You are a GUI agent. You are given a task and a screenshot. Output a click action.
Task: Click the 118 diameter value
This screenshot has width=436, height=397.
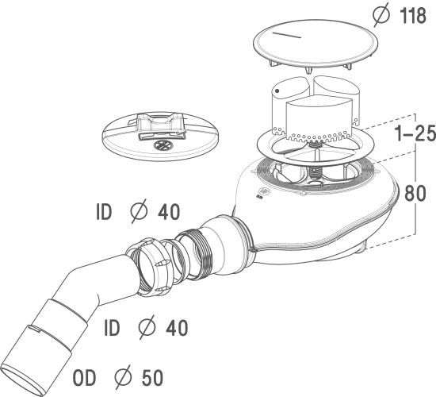click(x=413, y=16)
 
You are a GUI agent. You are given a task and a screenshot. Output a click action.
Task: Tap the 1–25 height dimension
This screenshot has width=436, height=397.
click(x=415, y=133)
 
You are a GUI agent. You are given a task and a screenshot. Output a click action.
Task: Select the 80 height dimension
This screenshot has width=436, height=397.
click(x=415, y=193)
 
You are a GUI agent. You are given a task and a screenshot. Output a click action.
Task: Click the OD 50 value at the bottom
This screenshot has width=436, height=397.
click(x=152, y=378)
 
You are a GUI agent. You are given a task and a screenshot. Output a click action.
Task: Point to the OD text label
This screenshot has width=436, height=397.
click(x=84, y=378)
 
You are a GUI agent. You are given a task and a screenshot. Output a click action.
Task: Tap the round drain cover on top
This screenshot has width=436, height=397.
click(x=316, y=48)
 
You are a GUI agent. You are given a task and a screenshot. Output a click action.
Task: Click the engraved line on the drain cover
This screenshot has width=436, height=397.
click(x=287, y=35)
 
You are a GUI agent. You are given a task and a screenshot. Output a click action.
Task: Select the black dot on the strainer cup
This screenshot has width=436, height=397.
click(x=277, y=91)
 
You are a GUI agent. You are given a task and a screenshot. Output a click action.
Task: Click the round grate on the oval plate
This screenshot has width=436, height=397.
click(x=163, y=145)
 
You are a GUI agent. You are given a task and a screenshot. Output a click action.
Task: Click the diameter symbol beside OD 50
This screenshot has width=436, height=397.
click(x=123, y=377)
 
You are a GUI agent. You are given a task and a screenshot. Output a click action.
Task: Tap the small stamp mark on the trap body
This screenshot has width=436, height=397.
click(x=262, y=192)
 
